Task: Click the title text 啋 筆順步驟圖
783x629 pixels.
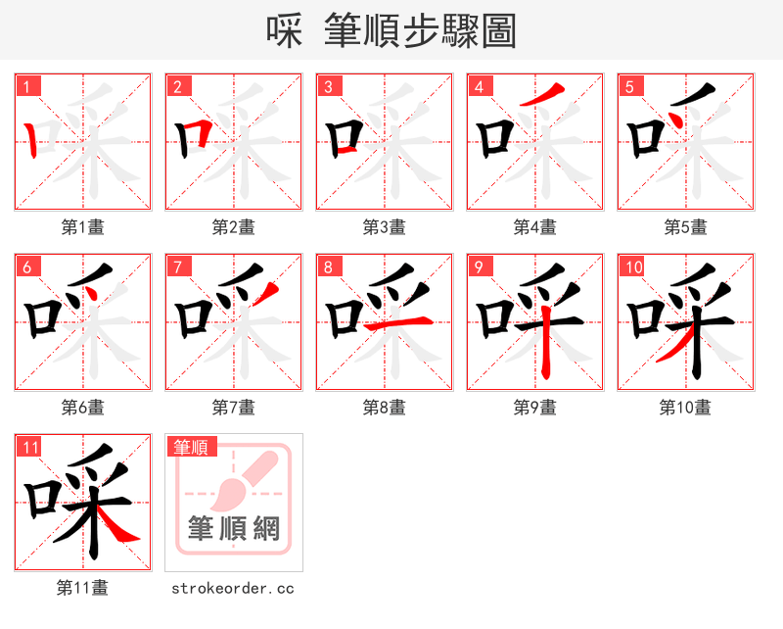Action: (391, 30)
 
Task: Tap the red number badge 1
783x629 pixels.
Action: (27, 86)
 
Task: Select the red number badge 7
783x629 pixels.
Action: (178, 266)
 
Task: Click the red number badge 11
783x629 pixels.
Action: (29, 447)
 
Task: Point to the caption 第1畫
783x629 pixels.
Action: (83, 227)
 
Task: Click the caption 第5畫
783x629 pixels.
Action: (685, 227)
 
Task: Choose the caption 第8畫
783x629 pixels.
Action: (384, 408)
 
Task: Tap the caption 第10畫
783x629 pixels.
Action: (685, 408)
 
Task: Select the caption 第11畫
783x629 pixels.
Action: (83, 588)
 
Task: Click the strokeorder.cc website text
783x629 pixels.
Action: (233, 588)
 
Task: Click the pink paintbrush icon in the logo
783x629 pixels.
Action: (235, 484)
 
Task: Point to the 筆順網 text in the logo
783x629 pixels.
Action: (233, 530)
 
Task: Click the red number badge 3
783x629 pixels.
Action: (329, 86)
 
